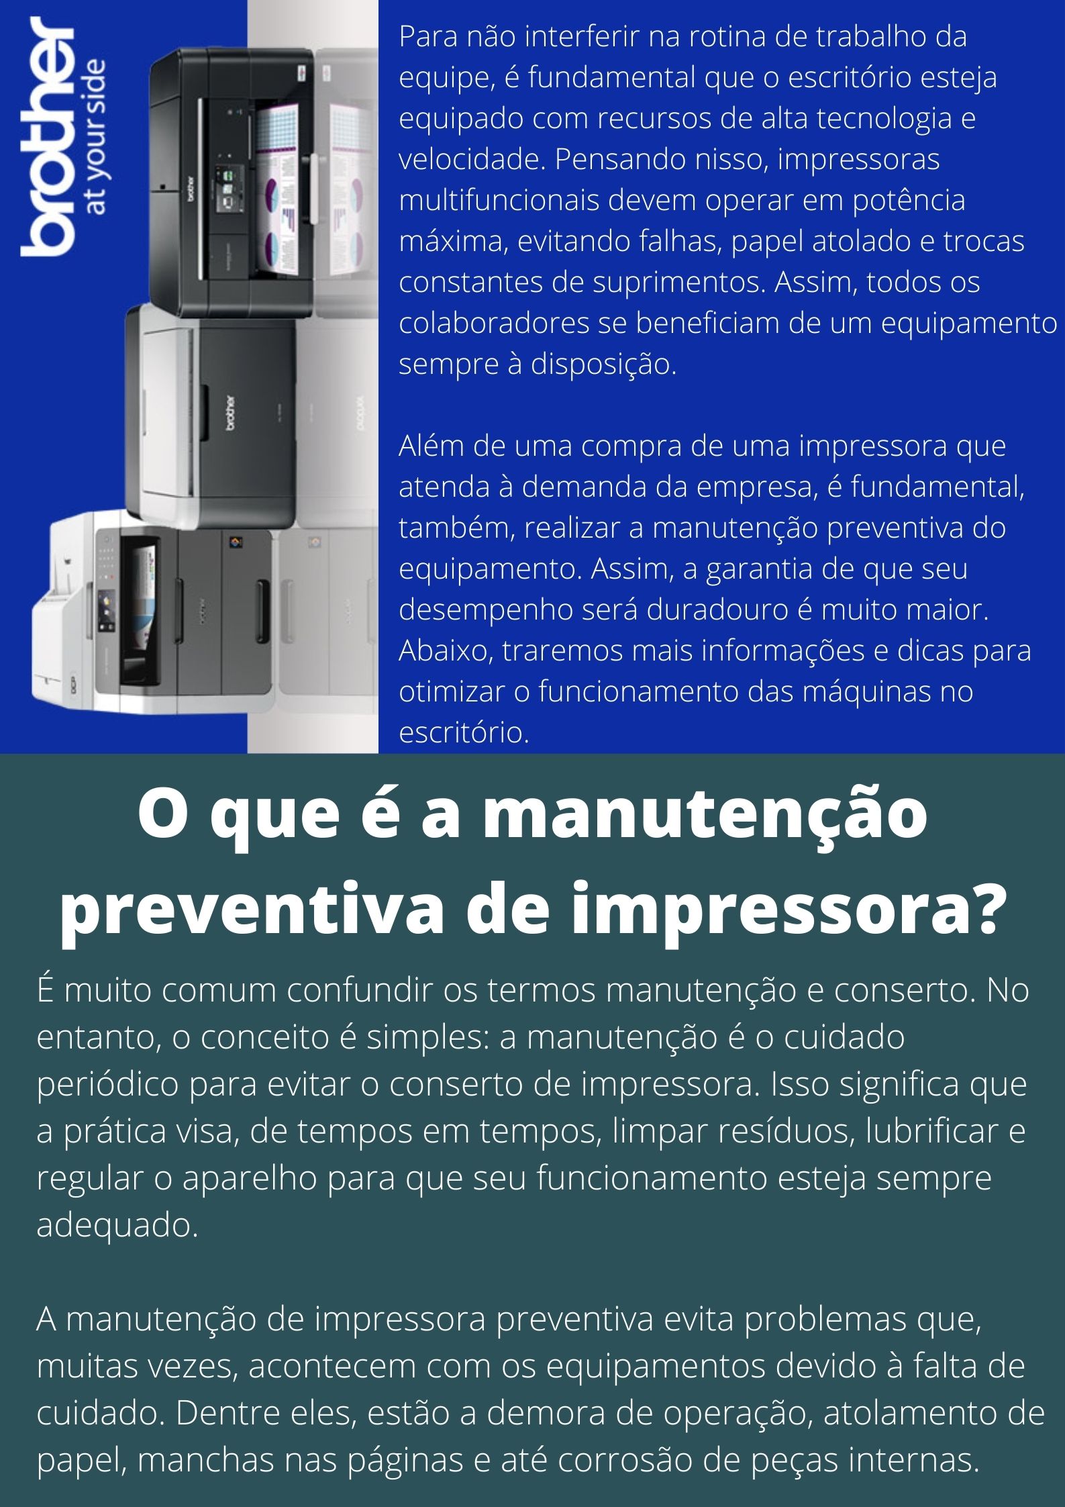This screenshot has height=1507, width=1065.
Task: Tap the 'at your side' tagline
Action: click(96, 137)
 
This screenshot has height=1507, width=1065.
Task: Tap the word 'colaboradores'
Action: click(490, 324)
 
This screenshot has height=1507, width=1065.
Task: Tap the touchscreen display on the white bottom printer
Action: click(106, 605)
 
